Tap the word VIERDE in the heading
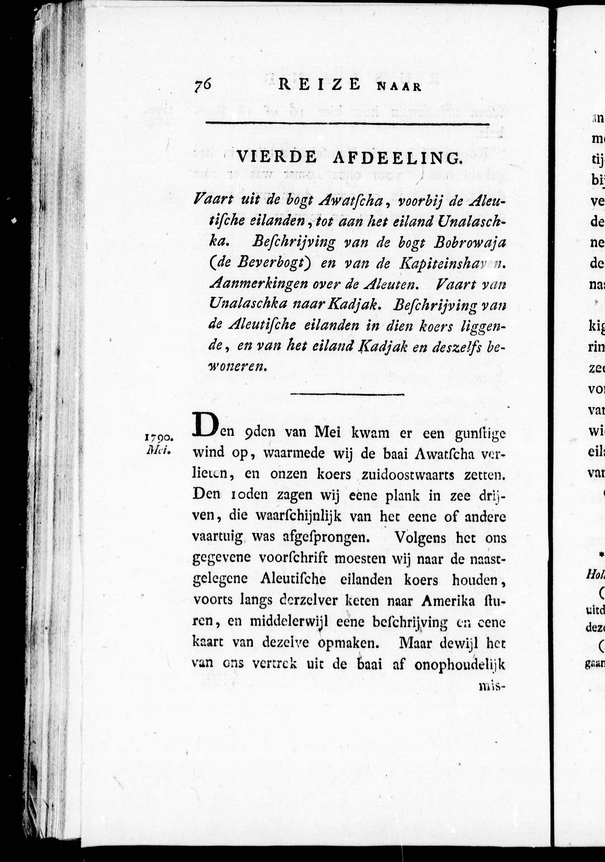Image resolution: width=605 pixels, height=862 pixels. point(277,158)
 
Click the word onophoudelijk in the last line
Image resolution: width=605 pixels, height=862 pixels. point(459,664)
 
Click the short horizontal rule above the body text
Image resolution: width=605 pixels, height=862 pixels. point(347,394)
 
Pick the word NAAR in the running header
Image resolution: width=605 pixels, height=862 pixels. point(398,88)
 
